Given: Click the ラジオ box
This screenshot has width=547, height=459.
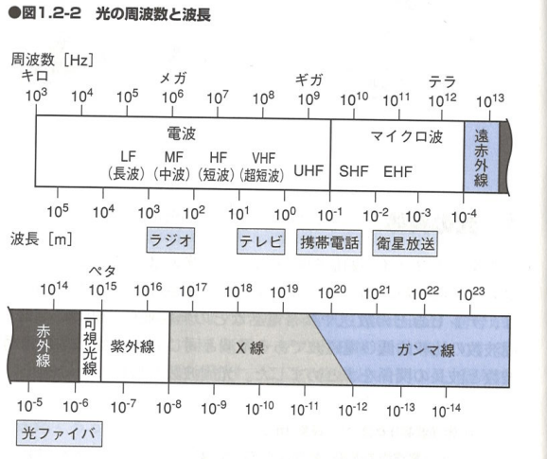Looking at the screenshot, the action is pos(170,240).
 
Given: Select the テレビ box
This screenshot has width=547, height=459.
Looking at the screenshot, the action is pos(261,241).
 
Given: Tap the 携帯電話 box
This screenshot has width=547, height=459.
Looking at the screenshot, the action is pos(329,243).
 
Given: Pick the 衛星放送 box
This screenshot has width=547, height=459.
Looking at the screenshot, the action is pos(405,244).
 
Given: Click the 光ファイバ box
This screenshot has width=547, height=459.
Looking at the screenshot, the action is pos(59,433).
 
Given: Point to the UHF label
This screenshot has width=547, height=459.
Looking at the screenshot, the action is pos(309,171).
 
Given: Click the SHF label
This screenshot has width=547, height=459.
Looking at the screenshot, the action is pos(354,171).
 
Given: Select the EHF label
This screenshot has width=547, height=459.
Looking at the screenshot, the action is pos(397,171).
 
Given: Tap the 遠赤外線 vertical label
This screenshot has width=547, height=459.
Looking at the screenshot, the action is pos(481,158).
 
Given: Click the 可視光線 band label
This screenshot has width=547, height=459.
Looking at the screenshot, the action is pos(90,346).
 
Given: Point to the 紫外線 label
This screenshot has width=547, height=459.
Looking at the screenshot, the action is pos(132,346).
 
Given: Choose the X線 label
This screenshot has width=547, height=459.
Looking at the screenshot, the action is pos(250,347).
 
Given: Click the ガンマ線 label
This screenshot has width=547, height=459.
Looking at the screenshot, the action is pos(426,349).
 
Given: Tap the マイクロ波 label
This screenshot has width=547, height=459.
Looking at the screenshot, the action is pos(407,136).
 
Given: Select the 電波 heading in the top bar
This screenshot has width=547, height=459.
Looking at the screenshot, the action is pos(182,133).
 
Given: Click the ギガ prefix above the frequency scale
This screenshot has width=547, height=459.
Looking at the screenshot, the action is pos(309,79).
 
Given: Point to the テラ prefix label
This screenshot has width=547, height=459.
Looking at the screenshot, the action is pos(442,82).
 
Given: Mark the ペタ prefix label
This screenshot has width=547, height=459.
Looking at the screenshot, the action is pos(102,271).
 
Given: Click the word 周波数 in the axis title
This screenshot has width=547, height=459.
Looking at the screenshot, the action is pos(33,60).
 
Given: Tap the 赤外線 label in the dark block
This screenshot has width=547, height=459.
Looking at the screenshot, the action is pos(44,346).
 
